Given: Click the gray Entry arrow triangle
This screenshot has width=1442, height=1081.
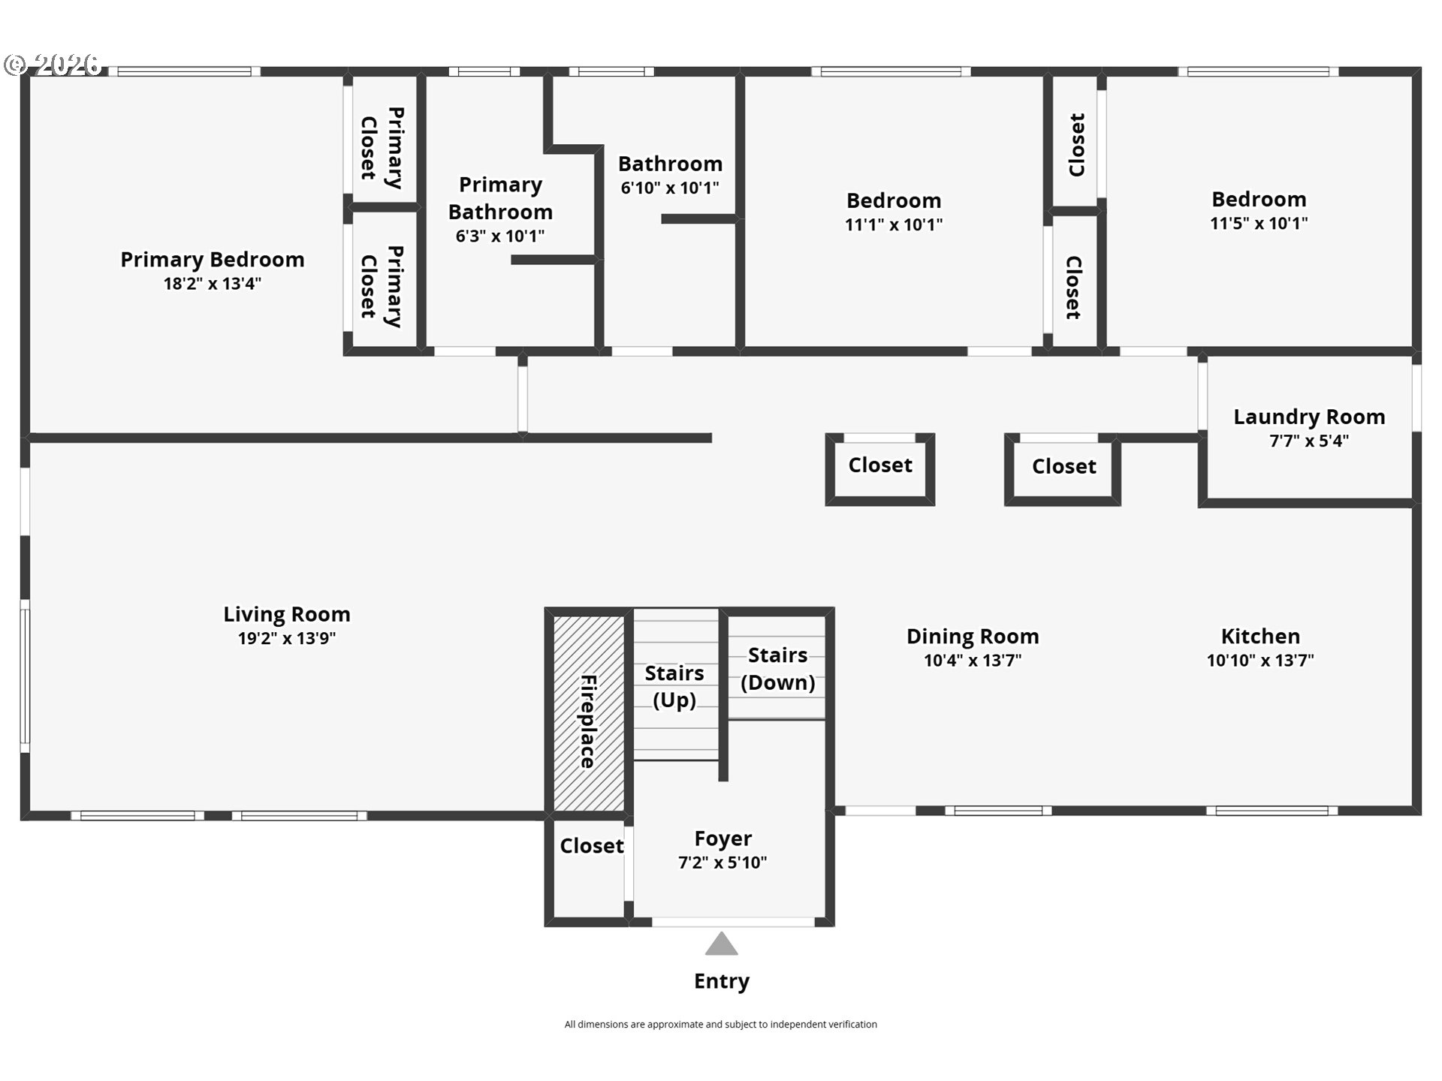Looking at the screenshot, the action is [x=721, y=944].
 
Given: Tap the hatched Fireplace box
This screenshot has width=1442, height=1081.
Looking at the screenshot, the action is [x=589, y=713].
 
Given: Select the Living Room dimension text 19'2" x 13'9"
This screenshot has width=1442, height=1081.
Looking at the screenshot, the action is [x=287, y=639].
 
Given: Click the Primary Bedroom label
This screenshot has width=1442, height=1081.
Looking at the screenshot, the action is [x=213, y=260].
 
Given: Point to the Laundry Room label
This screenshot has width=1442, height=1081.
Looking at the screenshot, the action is [x=1309, y=417].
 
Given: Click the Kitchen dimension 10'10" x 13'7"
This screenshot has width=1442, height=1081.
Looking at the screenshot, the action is [x=1260, y=661].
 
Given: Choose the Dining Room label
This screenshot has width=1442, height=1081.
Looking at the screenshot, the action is [x=973, y=637].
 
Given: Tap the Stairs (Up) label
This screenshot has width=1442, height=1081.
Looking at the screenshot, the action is [x=674, y=687].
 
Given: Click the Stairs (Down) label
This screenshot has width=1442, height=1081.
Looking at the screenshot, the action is [x=778, y=669].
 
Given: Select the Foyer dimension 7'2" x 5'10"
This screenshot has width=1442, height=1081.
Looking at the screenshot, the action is [x=723, y=863].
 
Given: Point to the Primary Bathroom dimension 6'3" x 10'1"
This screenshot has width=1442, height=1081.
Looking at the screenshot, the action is [x=500, y=236].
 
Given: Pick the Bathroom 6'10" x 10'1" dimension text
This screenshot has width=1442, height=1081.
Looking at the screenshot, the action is [x=670, y=188].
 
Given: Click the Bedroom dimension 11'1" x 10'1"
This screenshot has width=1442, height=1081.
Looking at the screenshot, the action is [x=894, y=224].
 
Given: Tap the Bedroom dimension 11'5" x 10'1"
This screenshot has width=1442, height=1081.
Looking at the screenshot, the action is [x=1259, y=223].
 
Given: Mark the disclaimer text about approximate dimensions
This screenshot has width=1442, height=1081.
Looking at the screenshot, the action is [x=721, y=1025].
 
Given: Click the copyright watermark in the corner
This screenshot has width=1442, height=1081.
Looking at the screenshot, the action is [x=53, y=65].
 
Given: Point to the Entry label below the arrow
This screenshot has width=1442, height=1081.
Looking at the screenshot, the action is [x=722, y=982].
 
